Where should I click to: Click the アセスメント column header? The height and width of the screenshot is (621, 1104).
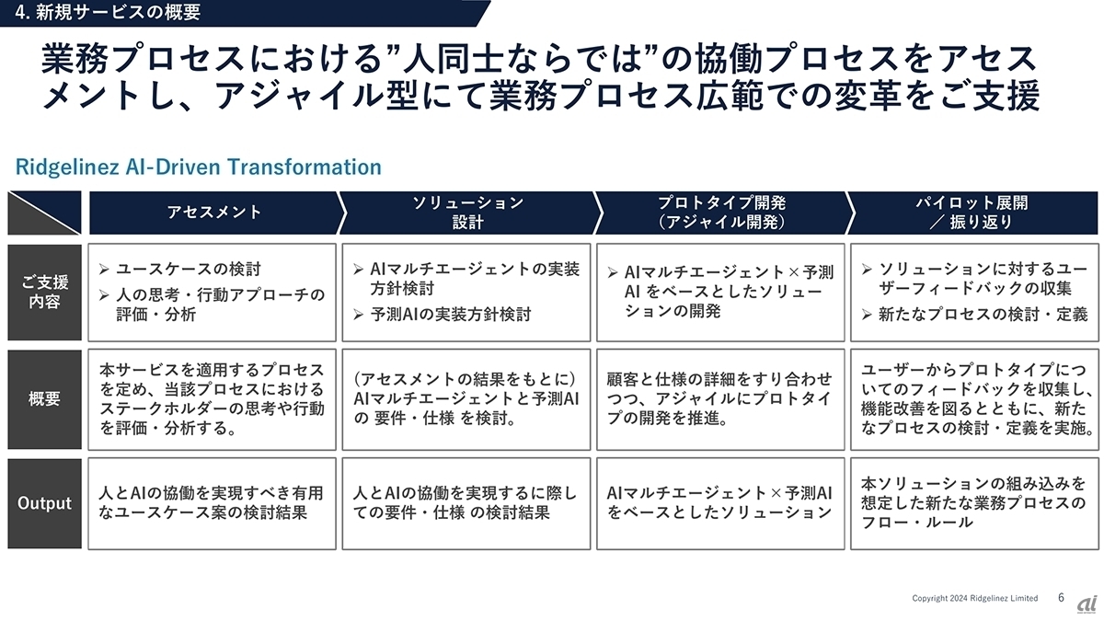[x=213, y=213]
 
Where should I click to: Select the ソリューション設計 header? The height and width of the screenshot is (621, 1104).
[x=467, y=213]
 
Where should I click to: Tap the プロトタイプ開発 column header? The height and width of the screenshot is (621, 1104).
[x=721, y=213]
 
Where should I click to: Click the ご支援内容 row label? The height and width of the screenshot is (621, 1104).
[x=44, y=292]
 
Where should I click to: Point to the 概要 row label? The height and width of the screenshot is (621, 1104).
[x=44, y=398]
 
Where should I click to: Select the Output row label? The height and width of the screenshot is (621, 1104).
[x=44, y=503]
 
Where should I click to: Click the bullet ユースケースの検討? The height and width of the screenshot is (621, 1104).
[x=179, y=270]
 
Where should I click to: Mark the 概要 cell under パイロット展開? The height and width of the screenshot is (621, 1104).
[x=973, y=398]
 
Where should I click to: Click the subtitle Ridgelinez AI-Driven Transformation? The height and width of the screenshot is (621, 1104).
[x=198, y=167]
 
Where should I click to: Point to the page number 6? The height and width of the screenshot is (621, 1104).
[x=1061, y=597]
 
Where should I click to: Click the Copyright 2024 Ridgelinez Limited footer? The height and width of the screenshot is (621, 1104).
[x=974, y=598]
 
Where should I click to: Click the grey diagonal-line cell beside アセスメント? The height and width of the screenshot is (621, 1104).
[x=44, y=213]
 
